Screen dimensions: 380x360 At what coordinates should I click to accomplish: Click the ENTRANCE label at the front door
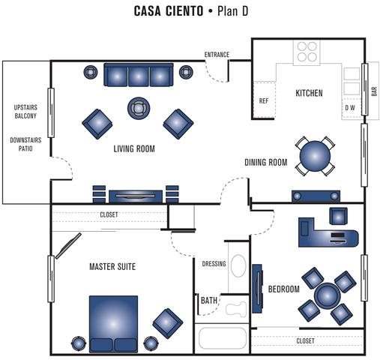click(x=217, y=55)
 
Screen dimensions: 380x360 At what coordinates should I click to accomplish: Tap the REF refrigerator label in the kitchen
click(x=264, y=101)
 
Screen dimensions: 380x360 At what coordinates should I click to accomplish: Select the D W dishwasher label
click(x=350, y=108)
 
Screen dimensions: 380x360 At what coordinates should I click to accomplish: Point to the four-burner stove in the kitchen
click(x=307, y=52)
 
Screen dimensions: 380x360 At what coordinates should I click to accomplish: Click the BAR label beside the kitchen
click(x=374, y=91)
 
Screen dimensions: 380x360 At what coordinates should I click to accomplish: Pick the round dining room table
click(x=315, y=156)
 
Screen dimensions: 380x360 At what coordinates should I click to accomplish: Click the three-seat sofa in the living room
click(x=139, y=75)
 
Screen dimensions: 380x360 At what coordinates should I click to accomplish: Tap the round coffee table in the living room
click(x=139, y=108)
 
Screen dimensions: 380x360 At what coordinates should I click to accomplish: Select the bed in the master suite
click(x=113, y=324)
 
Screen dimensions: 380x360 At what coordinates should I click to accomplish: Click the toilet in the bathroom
click(x=236, y=309)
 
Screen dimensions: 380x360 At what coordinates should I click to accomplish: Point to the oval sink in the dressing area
click(x=238, y=265)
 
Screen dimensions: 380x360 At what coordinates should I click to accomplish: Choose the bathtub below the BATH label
click(x=223, y=337)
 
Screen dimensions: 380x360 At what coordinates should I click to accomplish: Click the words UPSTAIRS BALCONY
click(x=25, y=112)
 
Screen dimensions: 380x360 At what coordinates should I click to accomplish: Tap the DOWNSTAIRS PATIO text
click(x=25, y=144)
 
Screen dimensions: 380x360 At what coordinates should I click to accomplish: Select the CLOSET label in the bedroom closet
click(x=305, y=341)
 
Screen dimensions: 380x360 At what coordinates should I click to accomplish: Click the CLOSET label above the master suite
click(x=109, y=214)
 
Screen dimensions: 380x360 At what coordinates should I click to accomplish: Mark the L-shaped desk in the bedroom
click(x=328, y=232)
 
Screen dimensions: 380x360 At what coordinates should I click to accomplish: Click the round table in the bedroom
click(x=328, y=295)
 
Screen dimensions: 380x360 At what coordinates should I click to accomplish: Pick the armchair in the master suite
click(x=168, y=323)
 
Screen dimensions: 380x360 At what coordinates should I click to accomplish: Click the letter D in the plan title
click(x=244, y=11)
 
